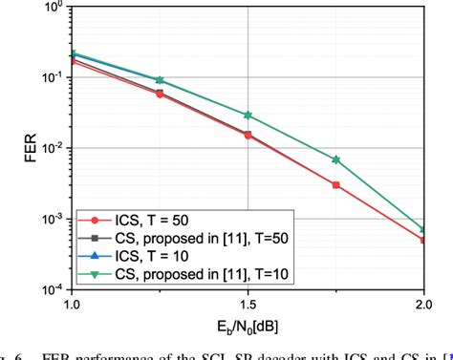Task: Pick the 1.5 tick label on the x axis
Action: click(x=248, y=307)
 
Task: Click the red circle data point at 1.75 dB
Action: click(x=335, y=185)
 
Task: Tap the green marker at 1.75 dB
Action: click(x=335, y=159)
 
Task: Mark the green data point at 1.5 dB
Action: click(x=248, y=115)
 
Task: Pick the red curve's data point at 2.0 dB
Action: click(x=423, y=241)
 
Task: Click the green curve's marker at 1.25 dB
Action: click(x=160, y=80)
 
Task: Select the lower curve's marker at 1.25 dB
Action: click(x=160, y=95)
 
